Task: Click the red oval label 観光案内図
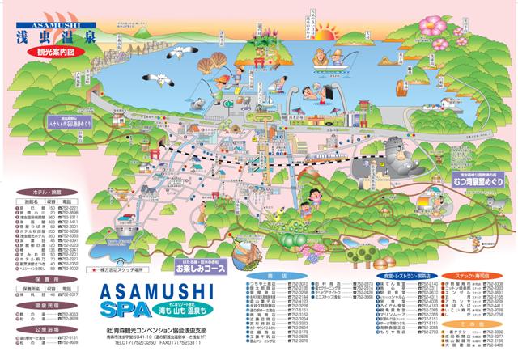pos(54,50)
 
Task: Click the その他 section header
pos(478,324)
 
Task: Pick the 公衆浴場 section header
pos(44,330)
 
